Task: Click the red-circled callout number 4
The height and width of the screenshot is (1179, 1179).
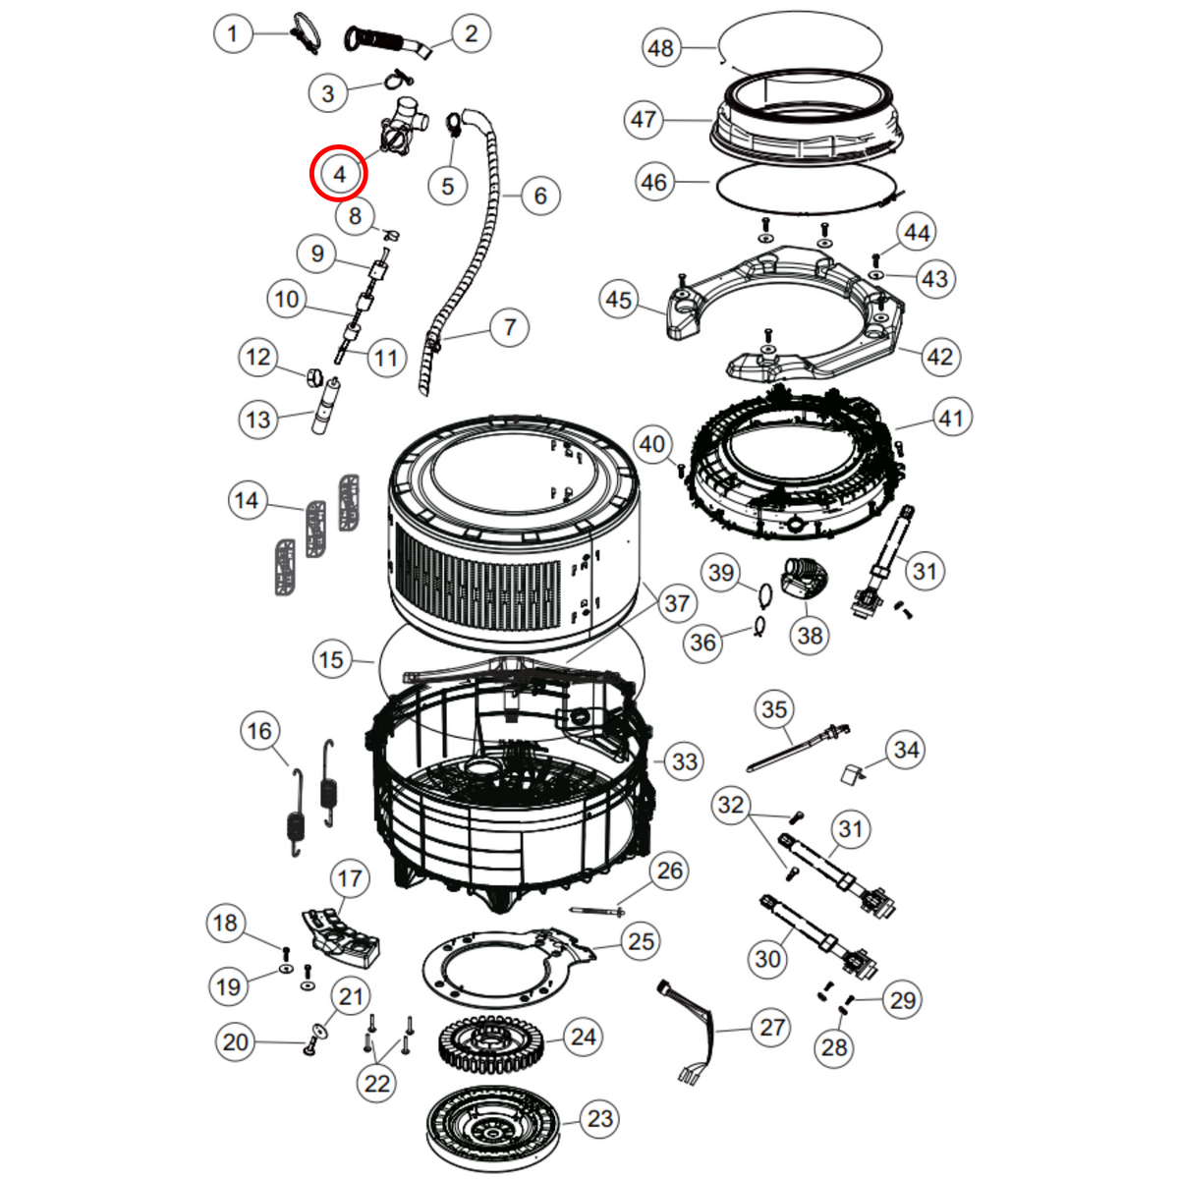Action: click(339, 174)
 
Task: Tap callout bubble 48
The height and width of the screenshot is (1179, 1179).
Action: click(661, 48)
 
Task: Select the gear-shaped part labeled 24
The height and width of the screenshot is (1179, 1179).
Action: click(492, 1039)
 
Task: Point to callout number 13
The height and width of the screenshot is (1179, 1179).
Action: click(257, 420)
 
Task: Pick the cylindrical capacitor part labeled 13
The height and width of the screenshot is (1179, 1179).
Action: click(325, 406)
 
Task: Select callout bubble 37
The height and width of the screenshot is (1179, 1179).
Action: click(677, 603)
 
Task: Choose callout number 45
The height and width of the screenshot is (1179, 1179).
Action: click(618, 300)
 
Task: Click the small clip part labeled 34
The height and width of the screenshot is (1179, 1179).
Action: click(853, 773)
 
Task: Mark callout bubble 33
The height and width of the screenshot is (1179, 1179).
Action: click(684, 761)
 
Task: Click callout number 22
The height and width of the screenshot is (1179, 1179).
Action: click(377, 1084)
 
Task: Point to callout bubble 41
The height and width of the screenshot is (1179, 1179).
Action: click(951, 419)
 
